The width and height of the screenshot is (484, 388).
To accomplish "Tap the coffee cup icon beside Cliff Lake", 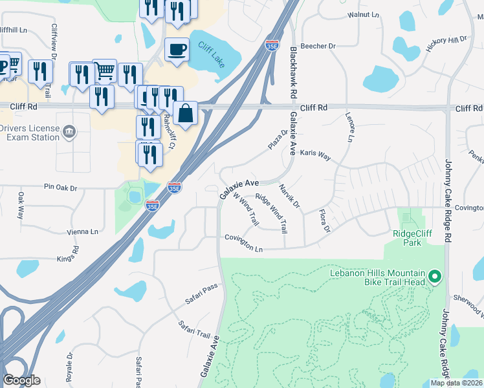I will (x=177, y=50).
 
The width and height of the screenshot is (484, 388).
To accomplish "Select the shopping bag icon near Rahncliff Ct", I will (x=186, y=113).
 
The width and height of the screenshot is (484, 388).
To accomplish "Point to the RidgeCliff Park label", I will (x=412, y=238).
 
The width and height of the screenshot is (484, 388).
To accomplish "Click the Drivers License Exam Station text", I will (x=30, y=133).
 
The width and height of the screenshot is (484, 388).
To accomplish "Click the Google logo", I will (x=21, y=380).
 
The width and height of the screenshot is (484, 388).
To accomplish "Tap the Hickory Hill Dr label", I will (x=446, y=40).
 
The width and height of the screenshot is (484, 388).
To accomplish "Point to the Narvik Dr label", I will (x=289, y=196).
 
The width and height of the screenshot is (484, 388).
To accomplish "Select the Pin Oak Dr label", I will (x=60, y=188).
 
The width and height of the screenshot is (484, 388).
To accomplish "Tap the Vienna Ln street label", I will (x=82, y=232).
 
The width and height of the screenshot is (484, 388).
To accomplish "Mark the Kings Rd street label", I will (x=76, y=253).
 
